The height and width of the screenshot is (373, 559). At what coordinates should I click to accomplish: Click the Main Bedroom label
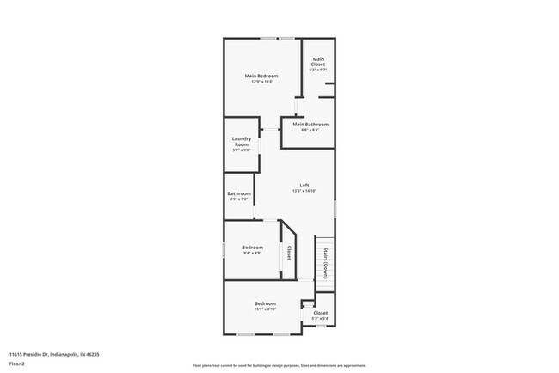261,76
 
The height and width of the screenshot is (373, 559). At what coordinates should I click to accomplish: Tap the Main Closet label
318,62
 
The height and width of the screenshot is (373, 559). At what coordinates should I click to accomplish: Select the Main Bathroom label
310,125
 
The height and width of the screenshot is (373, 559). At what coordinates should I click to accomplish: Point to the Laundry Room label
241,142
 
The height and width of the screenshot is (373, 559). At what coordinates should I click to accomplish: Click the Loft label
304,186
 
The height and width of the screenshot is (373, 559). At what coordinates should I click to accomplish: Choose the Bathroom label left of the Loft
239,193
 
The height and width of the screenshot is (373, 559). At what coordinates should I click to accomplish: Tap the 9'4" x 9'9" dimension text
253,254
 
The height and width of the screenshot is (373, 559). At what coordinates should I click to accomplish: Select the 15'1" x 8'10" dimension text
265,309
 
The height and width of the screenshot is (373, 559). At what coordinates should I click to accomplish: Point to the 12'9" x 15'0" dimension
261,82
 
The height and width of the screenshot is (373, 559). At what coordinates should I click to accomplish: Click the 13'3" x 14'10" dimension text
304,191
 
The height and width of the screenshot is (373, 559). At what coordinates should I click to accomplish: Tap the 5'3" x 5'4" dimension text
320,319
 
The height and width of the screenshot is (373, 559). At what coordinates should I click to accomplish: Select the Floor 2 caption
18,364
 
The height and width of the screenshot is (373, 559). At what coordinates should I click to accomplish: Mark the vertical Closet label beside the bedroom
289,254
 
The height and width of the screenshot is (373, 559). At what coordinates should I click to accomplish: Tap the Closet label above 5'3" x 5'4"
320,313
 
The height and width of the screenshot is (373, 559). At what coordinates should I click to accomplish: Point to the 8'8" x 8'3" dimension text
310,131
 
